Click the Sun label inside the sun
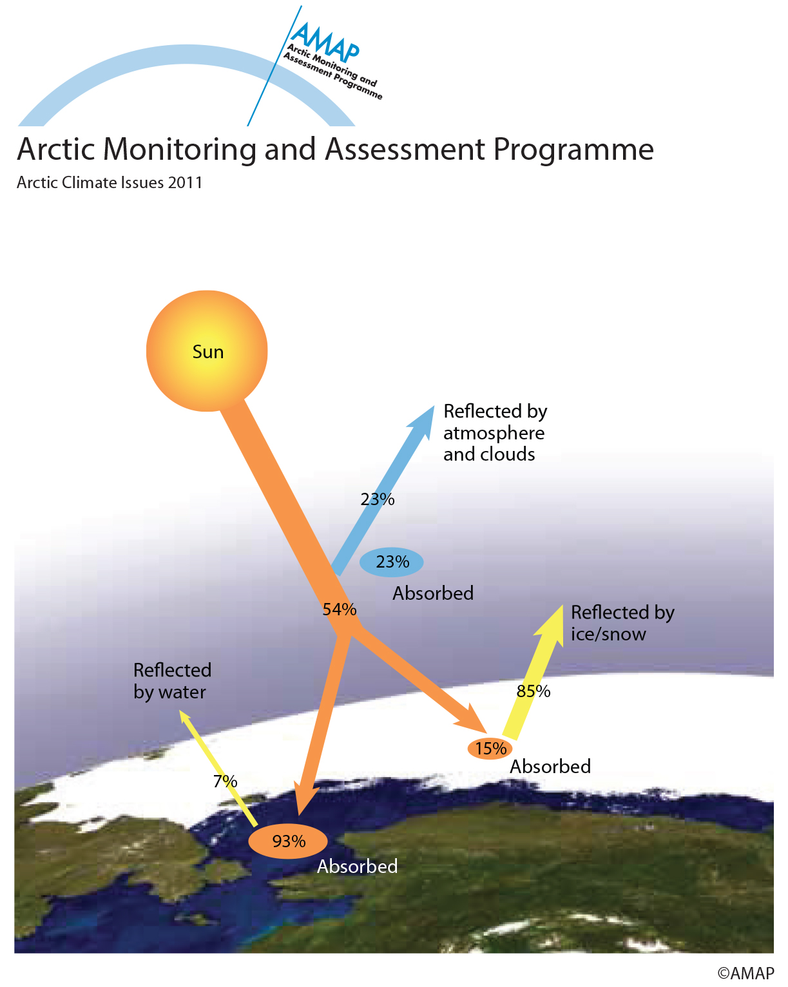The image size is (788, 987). coord(207,352)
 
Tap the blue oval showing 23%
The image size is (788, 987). coord(391,562)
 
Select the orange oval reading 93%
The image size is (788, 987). coord(288,841)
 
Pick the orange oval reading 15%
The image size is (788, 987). coord(490,749)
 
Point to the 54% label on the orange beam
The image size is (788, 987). coord(340,609)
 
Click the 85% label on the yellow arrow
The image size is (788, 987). coord(533,691)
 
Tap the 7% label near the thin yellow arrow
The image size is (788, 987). coord(226,781)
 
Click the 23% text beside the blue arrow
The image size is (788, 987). coord(377,499)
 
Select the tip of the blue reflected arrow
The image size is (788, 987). coord(434,406)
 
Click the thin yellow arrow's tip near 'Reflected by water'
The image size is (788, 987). coord(179,711)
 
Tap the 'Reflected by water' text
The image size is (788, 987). coord(173,681)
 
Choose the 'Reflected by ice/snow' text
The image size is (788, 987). coord(622,623)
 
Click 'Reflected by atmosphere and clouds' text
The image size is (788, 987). coord(495,432)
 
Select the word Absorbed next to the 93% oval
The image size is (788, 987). coord(358,867)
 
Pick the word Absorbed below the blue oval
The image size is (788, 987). coord(433,593)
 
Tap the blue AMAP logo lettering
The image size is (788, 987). coord(325,42)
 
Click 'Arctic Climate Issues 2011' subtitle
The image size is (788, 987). coord(110,182)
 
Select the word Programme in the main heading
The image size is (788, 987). coord(573,150)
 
